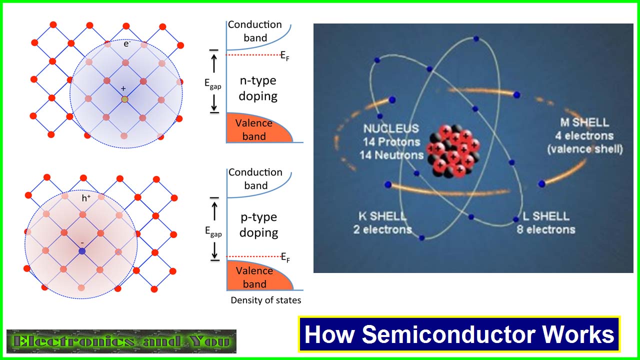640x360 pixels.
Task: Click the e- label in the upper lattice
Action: click(127, 43)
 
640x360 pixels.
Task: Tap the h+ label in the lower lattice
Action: click(86, 198)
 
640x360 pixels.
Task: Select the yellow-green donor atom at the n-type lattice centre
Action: click(124, 99)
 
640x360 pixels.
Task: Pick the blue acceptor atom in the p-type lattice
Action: click(82, 251)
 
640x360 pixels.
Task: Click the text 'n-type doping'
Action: click(258, 88)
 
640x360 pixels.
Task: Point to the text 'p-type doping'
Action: click(259, 225)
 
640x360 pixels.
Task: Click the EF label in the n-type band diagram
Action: click(285, 56)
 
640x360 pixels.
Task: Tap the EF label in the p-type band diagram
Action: click(285, 257)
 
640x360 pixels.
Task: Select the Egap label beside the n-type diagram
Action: click(213, 83)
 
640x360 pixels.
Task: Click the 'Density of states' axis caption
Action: click(265, 300)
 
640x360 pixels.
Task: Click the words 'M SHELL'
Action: click(584, 122)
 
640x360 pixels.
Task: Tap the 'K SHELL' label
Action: click(382, 216)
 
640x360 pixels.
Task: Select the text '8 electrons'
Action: click(545, 229)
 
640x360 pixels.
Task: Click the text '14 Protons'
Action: click(391, 142)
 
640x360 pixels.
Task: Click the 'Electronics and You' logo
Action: click(121, 341)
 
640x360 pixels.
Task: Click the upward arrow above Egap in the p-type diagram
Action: click(214, 211)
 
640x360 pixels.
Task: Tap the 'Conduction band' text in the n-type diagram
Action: click(255, 31)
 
